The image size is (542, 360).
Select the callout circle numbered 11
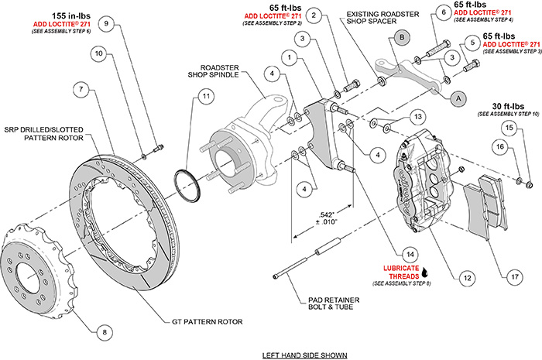(204, 97)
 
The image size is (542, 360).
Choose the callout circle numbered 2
(314, 15)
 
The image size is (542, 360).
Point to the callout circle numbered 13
(418, 116)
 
